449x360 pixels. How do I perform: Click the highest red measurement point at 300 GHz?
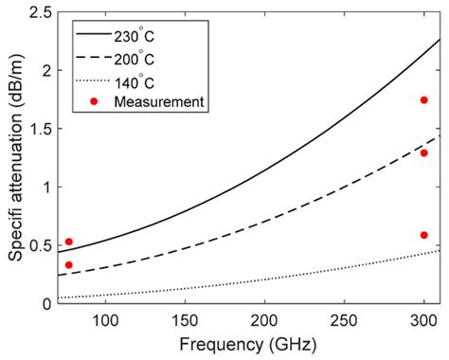click(424, 100)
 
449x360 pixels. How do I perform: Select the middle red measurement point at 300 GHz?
click(424, 153)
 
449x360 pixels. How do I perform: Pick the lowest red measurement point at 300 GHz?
click(424, 235)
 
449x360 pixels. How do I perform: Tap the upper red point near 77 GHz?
click(68, 242)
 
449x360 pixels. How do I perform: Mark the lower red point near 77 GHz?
click(68, 265)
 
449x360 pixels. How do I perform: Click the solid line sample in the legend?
click(94, 35)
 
